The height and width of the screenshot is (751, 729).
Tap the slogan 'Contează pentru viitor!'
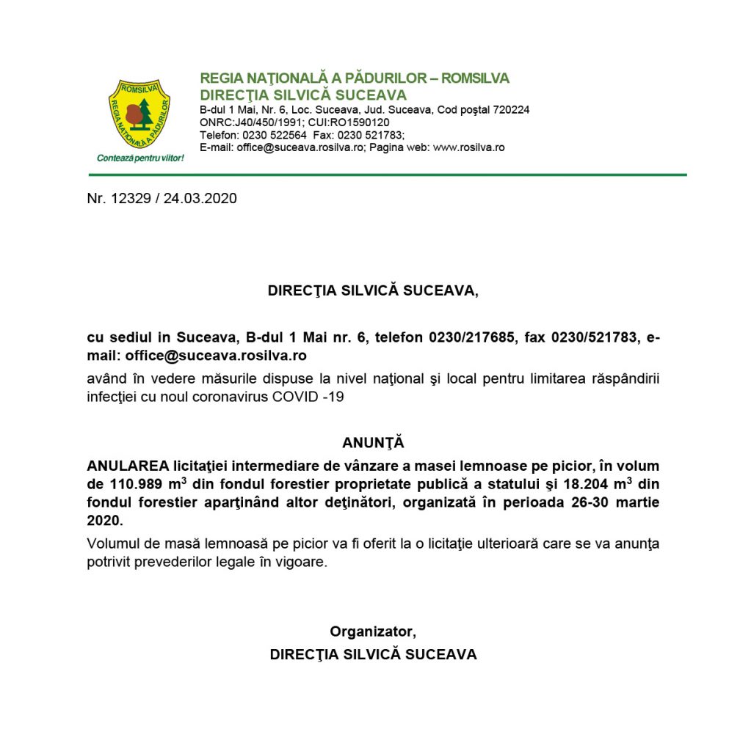pyautogui.click(x=140, y=158)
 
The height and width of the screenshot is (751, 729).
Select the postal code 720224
pyautogui.click(x=507, y=110)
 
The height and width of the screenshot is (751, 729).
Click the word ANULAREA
pyautogui.click(x=127, y=466)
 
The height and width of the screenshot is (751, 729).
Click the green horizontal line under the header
pyautogui.click(x=388, y=175)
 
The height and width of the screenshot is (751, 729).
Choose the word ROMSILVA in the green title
pyautogui.click(x=475, y=78)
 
